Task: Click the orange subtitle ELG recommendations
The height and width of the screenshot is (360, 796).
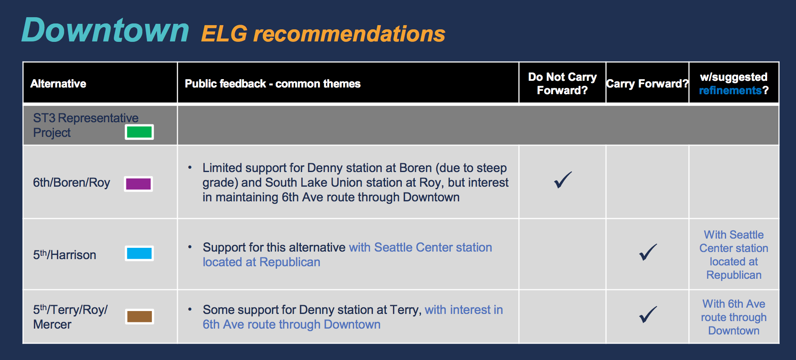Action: coord(323,34)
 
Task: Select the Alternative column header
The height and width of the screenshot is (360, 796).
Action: coord(58,84)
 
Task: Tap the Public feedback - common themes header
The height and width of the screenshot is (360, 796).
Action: coord(272,84)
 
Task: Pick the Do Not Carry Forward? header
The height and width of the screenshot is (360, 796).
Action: coord(562,84)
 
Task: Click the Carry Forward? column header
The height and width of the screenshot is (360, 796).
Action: coord(647,84)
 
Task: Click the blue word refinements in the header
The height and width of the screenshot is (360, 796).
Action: coord(730,90)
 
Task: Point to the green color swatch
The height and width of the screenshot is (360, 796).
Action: coord(139,132)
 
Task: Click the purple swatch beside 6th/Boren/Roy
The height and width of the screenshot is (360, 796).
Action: coord(139,184)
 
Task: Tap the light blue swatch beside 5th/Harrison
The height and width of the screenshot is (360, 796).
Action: coord(139,253)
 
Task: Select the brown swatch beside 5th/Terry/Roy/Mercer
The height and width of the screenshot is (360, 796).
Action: coord(139,316)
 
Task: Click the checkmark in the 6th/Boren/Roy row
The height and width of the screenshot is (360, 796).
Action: coord(562,180)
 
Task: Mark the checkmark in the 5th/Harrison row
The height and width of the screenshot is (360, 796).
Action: coord(648,252)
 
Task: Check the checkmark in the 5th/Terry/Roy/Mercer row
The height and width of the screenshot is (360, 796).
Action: coord(648,314)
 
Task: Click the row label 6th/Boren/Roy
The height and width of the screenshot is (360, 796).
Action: coord(72,183)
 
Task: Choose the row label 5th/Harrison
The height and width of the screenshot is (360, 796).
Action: coord(64,255)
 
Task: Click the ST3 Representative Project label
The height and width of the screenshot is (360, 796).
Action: coord(85,125)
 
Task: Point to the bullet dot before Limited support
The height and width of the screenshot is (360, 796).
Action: coord(190,167)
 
